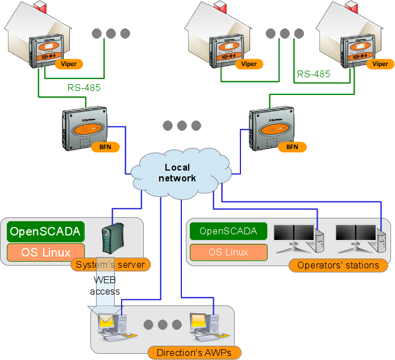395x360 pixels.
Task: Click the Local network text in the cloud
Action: coord(180,172)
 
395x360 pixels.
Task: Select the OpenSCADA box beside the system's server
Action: coord(45,231)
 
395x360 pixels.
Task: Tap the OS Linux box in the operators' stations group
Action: coord(228,252)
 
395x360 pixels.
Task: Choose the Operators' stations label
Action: coord(338,265)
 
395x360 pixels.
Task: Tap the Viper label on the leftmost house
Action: coord(69,64)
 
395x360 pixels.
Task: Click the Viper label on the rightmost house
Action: coord(380,64)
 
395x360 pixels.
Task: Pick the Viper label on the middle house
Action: coord(249,64)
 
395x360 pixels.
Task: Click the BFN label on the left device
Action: coord(105,147)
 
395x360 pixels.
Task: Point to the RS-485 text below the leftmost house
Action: coord(84,88)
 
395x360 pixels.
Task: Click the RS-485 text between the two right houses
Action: coord(313,74)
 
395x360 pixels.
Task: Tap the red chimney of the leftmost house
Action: coord(41,6)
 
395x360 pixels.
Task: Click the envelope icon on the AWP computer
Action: coord(106,323)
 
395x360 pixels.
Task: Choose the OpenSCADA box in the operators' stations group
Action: coord(228,231)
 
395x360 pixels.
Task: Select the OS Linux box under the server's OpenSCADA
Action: coord(45,252)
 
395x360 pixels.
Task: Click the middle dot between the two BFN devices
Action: coord(182,126)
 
